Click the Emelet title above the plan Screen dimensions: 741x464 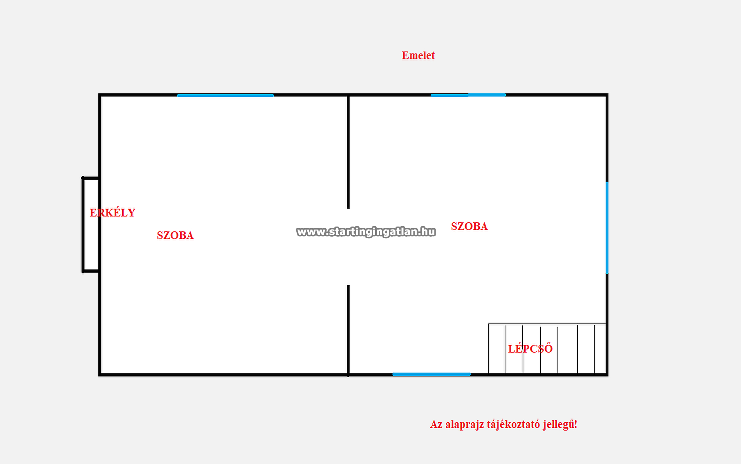tap(418, 55)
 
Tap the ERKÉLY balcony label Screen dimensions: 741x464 tap(112, 212)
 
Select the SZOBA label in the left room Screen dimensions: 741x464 tap(175, 235)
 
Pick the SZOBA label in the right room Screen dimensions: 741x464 tap(469, 226)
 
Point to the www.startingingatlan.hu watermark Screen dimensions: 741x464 tap(366, 232)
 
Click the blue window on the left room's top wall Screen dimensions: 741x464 tap(225, 95)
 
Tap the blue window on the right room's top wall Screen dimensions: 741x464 tap(468, 95)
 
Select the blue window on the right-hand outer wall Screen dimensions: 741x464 tap(607, 228)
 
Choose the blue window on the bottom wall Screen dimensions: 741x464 tap(431, 374)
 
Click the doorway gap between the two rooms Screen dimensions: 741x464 tap(348, 247)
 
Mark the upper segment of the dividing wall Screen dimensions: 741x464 tap(348, 152)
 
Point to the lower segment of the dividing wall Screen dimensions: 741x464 tap(348, 330)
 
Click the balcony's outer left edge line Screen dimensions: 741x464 tap(83, 225)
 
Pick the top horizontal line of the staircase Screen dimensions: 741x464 tap(547, 324)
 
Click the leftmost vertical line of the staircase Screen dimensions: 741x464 tap(488, 349)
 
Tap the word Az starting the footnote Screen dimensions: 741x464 tap(436, 425)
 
